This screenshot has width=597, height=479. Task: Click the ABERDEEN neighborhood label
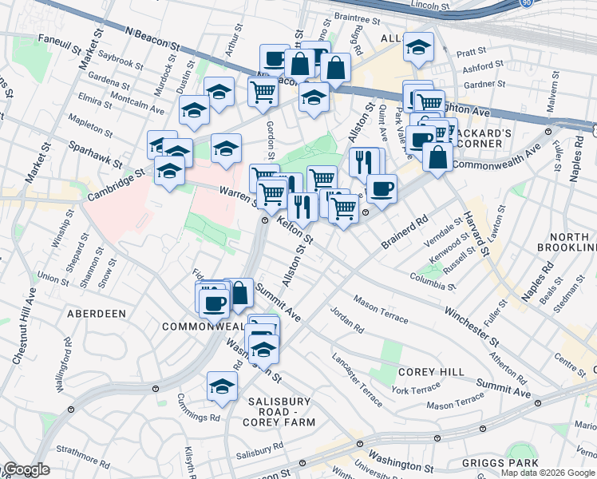tap(97, 314)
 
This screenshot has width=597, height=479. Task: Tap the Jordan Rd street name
tap(347, 320)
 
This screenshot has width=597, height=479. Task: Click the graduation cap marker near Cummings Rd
tap(222, 386)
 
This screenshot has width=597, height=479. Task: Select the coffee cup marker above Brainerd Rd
tap(382, 189)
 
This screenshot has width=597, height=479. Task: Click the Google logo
tap(26, 470)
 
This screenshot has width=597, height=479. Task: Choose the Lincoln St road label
tap(424, 5)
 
